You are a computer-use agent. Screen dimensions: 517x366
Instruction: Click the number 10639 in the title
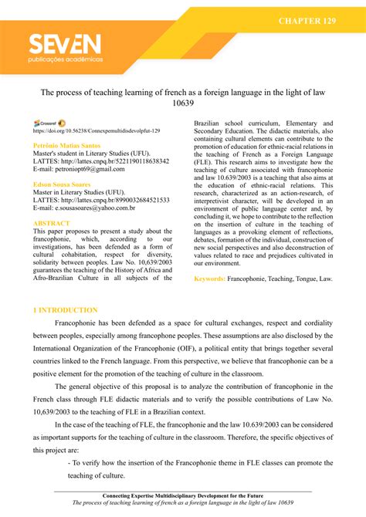click(183, 102)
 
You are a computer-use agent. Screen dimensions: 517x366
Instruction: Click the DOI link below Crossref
click(97, 132)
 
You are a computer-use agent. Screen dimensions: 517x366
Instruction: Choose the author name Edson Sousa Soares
click(65, 184)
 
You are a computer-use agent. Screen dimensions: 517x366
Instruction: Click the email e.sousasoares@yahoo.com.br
click(86, 208)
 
